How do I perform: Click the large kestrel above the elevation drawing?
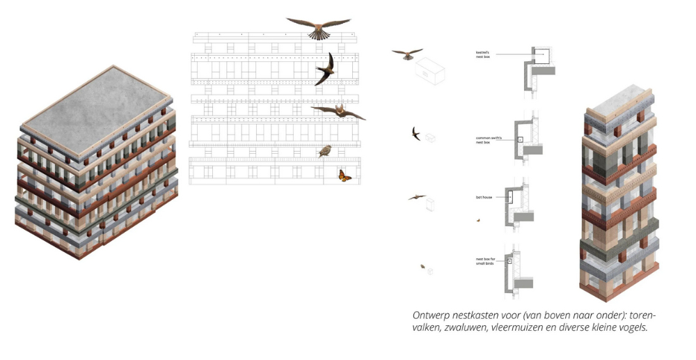[x=318, y=28]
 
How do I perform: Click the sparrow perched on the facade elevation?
[x=324, y=151]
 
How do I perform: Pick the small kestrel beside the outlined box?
[x=407, y=53]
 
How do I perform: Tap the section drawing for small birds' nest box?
[x=519, y=269]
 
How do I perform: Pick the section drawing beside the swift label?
[x=525, y=139]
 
